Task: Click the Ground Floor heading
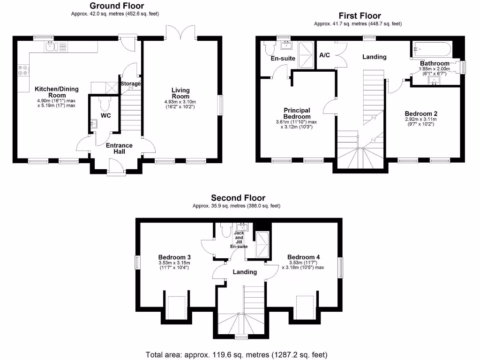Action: coord(117,6)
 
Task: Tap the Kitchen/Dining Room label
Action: coord(56,92)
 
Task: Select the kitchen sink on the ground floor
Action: coord(52,46)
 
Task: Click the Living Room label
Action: coord(180,93)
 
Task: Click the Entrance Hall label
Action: coord(119,149)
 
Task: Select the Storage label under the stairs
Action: coord(131,83)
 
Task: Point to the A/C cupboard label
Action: coord(324,55)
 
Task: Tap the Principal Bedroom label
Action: coord(297,113)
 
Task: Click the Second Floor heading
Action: coord(238,198)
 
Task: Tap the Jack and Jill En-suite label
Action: coord(239,239)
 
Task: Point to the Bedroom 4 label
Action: coord(303,257)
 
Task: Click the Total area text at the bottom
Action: coord(237,354)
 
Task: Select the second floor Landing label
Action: coord(245,272)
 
